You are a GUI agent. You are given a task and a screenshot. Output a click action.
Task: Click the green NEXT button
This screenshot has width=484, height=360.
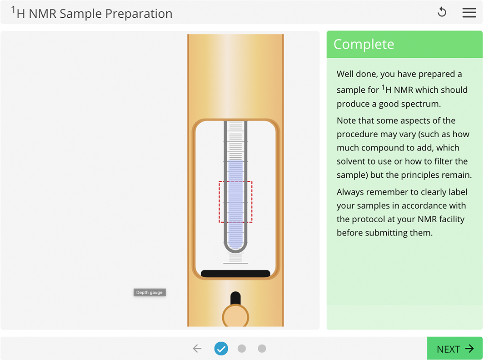pyautogui.click(x=454, y=349)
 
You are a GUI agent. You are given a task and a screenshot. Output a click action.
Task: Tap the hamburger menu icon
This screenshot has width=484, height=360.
pyautogui.click(x=469, y=13)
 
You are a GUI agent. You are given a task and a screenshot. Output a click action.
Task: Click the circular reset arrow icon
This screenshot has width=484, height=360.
pyautogui.click(x=442, y=13)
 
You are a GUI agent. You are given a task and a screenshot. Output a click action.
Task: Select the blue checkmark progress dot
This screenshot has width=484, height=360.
pyautogui.click(x=221, y=349)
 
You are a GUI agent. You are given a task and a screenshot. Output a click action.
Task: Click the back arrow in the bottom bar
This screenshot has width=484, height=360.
pyautogui.click(x=197, y=349)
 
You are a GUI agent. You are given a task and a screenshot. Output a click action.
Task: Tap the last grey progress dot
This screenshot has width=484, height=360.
pyautogui.click(x=262, y=349)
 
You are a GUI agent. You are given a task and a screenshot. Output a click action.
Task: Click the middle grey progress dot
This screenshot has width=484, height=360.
pyautogui.click(x=242, y=349)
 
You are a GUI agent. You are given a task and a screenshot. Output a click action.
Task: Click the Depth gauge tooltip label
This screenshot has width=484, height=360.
pyautogui.click(x=150, y=293)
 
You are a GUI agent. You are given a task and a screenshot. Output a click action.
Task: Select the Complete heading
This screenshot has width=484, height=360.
pyautogui.click(x=364, y=45)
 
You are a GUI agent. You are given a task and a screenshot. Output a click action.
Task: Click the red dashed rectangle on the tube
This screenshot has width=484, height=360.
pyautogui.click(x=235, y=202)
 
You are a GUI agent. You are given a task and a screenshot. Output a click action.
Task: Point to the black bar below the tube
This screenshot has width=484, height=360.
pyautogui.click(x=235, y=274)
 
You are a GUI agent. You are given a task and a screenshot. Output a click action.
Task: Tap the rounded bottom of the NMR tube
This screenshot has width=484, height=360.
pyautogui.click(x=235, y=248)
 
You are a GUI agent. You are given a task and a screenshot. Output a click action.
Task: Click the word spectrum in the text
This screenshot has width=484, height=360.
pyautogui.click(x=420, y=104)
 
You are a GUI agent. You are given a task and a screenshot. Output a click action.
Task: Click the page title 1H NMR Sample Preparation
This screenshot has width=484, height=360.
pyautogui.click(x=92, y=13)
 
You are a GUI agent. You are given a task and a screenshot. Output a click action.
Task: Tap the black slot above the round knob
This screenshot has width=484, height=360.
pyautogui.click(x=235, y=298)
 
